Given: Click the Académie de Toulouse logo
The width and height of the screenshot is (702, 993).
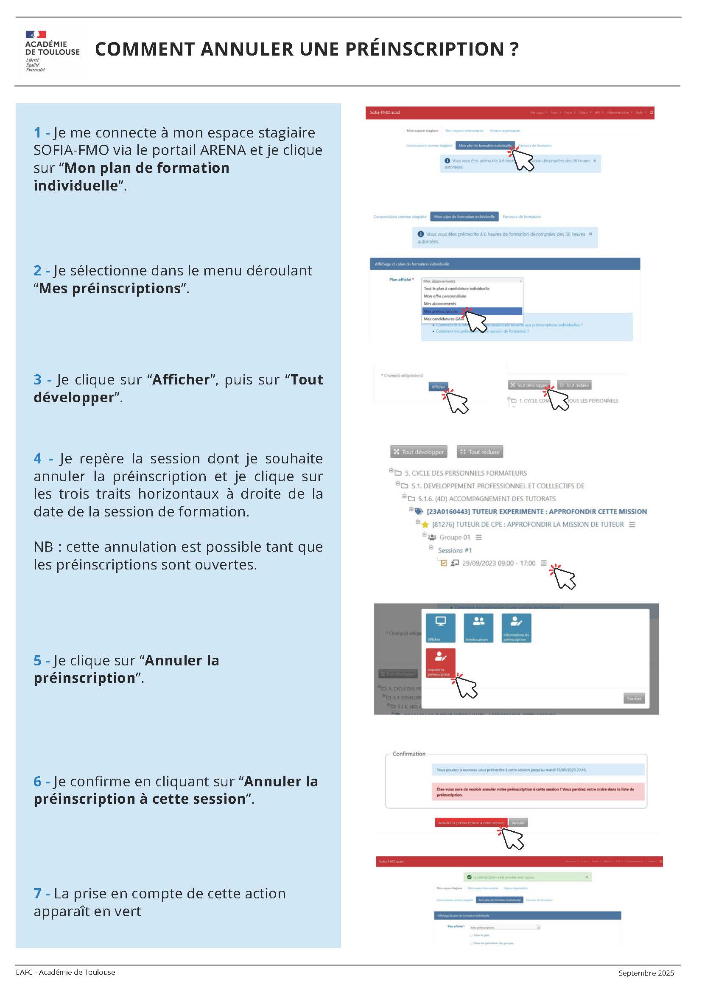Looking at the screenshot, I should click(x=52, y=51).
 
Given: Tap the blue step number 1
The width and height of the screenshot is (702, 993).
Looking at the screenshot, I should click(x=38, y=133).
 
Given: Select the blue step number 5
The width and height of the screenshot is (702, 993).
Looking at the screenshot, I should click(x=38, y=660).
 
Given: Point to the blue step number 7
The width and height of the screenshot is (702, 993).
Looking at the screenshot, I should click(x=38, y=894).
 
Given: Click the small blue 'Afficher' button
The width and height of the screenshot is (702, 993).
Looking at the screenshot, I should click(x=438, y=387).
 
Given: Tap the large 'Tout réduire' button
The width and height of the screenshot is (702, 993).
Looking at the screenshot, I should click(x=480, y=452).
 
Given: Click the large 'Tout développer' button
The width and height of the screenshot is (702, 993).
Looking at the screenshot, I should click(x=418, y=452).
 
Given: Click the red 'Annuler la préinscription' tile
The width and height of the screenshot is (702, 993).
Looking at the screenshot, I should click(x=440, y=662).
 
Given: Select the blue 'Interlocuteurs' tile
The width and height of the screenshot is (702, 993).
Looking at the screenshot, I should click(x=478, y=628).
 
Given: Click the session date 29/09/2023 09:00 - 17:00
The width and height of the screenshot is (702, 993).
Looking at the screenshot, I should click(x=498, y=563).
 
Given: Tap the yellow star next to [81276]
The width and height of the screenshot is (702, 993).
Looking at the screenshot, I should click(x=425, y=525).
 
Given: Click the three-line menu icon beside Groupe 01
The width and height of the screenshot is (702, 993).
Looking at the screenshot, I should click(x=478, y=537).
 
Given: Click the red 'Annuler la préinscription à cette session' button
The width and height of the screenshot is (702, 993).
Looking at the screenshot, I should click(x=471, y=822).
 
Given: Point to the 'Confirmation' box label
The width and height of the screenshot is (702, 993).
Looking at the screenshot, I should click(x=408, y=754).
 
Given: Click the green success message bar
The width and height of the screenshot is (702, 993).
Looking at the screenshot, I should click(x=527, y=877).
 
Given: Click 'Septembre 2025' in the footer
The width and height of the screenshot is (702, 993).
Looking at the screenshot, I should click(x=646, y=973).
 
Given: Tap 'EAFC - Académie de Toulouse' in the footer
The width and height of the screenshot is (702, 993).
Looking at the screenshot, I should click(x=65, y=972).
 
